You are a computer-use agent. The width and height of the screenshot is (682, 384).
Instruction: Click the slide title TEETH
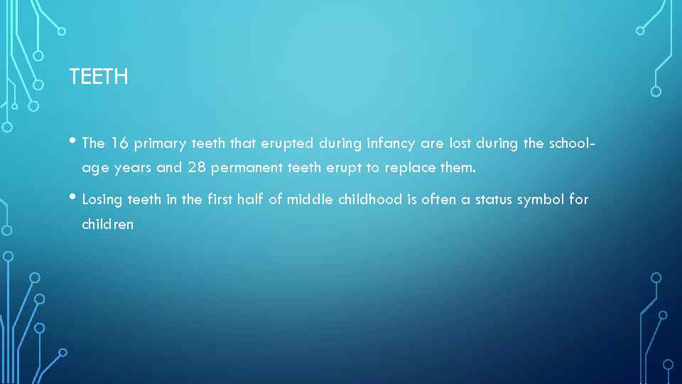99,77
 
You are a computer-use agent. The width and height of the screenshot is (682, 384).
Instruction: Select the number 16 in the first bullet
119,144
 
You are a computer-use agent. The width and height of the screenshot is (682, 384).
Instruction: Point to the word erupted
287,144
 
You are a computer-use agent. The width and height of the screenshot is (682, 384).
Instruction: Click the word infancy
391,144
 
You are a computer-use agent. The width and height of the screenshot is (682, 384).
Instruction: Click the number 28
197,169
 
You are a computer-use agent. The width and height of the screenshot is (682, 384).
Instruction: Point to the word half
251,200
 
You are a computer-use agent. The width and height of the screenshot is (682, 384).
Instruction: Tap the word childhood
370,200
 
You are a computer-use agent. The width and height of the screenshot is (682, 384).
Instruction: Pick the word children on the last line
108,225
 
